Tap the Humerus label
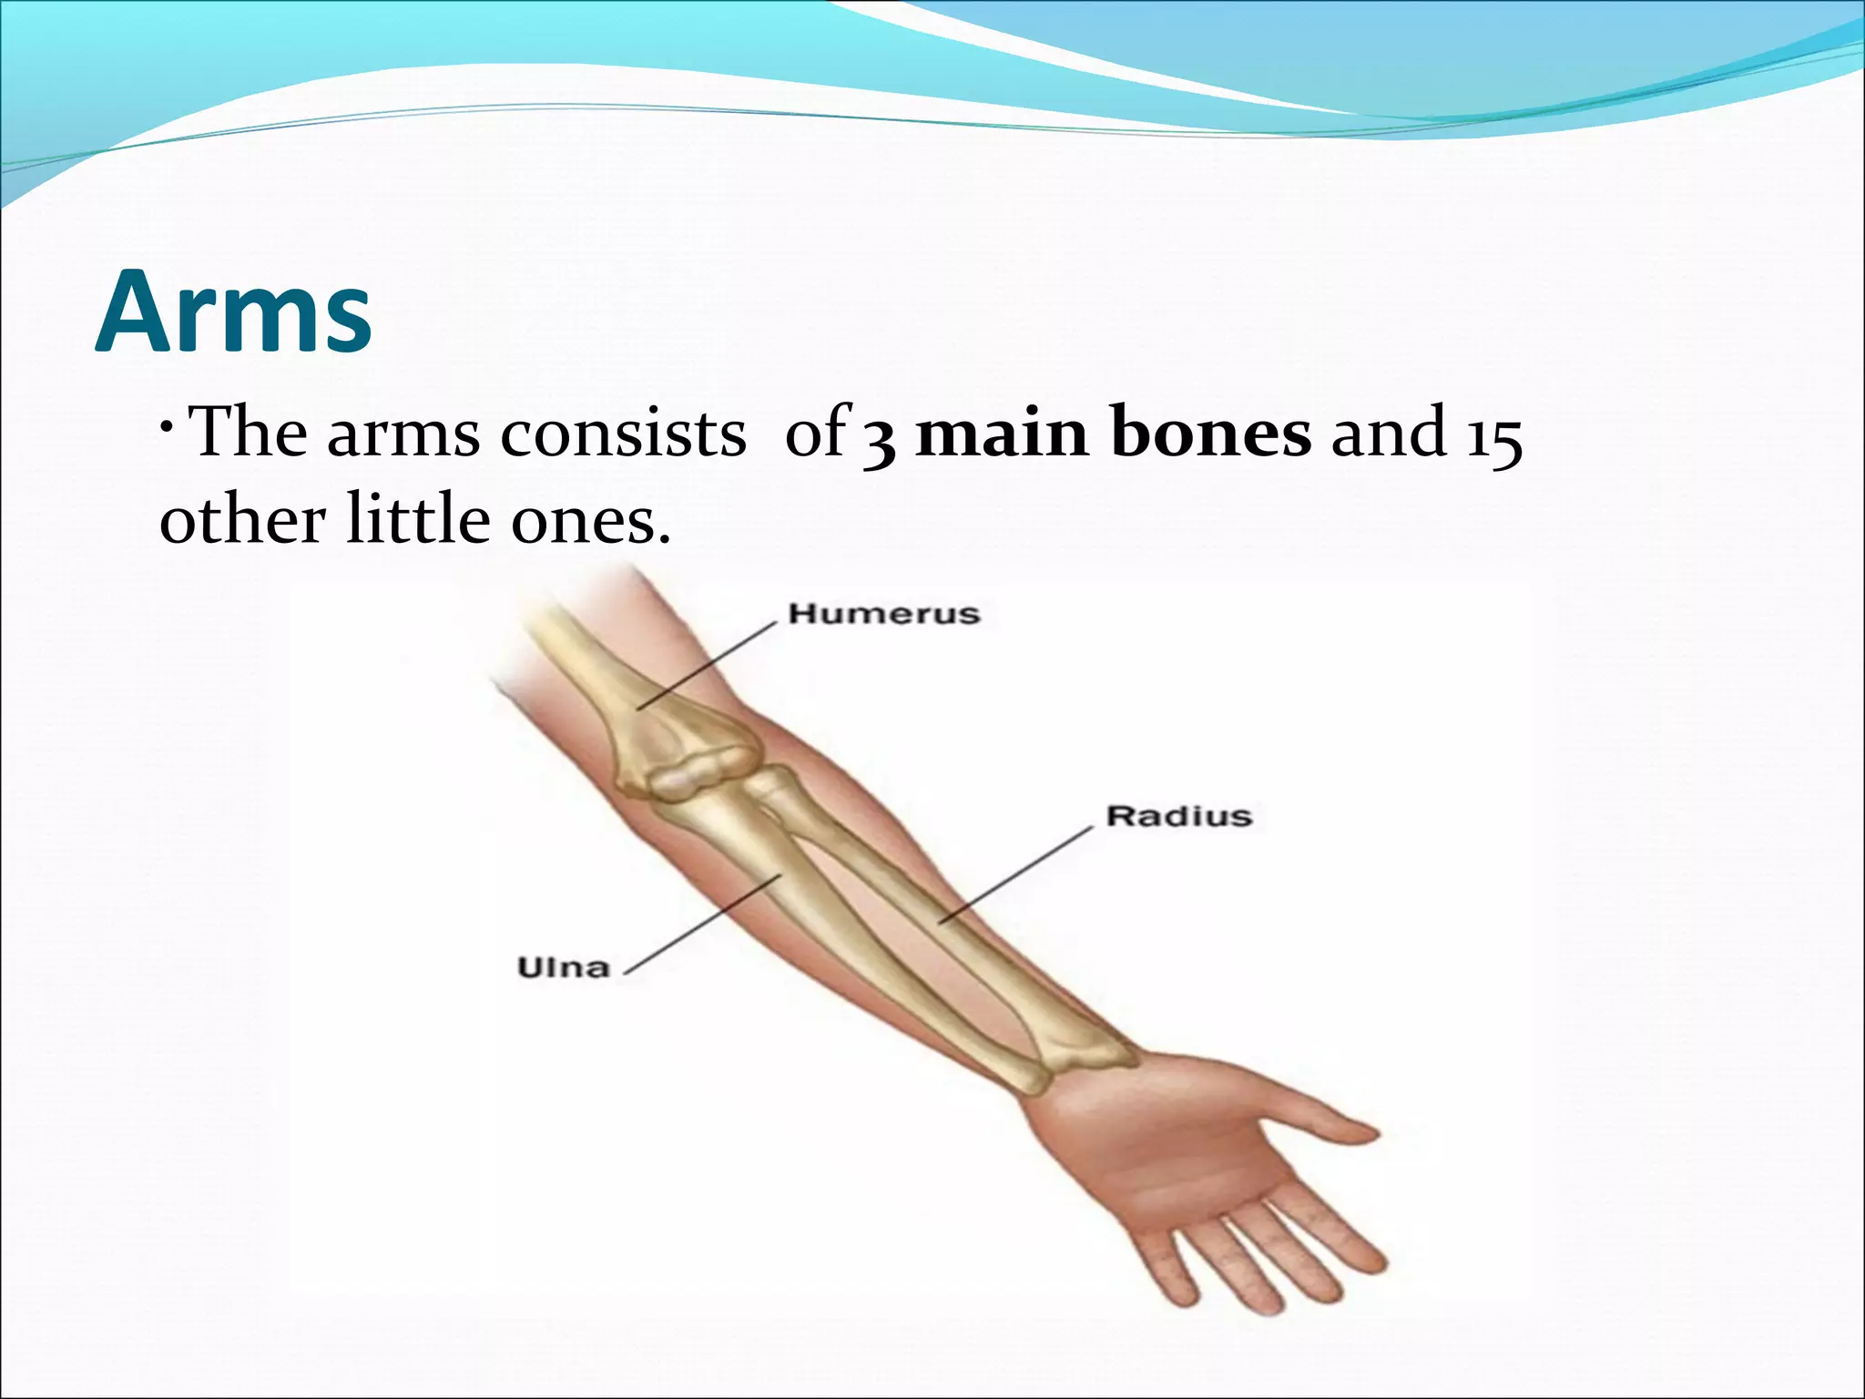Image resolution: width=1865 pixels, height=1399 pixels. (883, 614)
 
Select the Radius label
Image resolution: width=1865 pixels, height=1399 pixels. (1178, 816)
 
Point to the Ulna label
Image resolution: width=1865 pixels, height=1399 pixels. (563, 966)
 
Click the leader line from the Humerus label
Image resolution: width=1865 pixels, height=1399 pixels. (706, 664)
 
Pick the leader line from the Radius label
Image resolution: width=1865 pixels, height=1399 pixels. (1015, 875)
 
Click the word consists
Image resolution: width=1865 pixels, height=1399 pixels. (623, 434)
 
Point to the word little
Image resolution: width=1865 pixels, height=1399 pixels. (418, 520)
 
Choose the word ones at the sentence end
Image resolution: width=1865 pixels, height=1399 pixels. (591, 522)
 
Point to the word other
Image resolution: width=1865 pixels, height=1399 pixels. (242, 520)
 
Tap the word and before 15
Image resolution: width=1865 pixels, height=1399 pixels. (1390, 434)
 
